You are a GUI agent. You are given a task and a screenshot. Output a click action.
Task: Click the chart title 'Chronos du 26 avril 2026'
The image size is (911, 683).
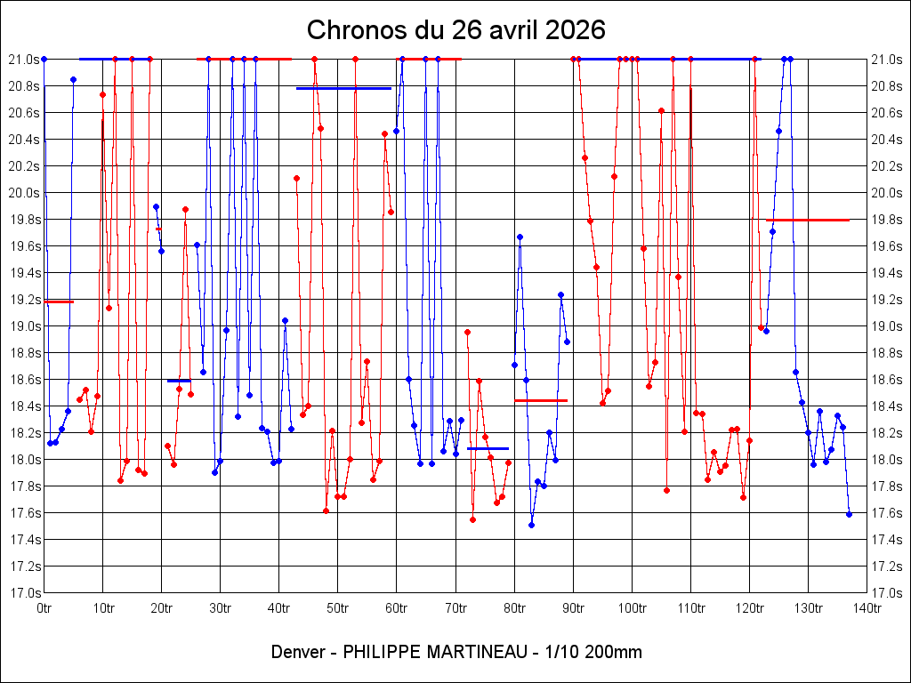pyautogui.click(x=455, y=29)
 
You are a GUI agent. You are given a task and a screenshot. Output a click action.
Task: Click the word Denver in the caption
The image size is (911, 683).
pyautogui.click(x=300, y=652)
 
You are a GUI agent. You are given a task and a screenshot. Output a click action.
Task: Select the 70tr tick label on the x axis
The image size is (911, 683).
pyautogui.click(x=455, y=607)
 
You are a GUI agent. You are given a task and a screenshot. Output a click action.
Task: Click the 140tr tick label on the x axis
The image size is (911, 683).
pyautogui.click(x=867, y=607)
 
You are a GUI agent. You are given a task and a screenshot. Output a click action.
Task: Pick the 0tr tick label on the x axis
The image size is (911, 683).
pyautogui.click(x=44, y=607)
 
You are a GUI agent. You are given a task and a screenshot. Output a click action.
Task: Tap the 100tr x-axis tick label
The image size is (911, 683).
pyautogui.click(x=632, y=607)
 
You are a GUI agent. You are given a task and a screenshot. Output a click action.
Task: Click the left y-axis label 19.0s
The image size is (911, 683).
pyautogui.click(x=22, y=326)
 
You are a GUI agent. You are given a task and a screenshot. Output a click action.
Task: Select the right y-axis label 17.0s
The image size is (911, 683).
pyautogui.click(x=888, y=593)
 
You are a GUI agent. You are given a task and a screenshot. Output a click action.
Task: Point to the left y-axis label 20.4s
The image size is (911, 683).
pyautogui.click(x=22, y=140)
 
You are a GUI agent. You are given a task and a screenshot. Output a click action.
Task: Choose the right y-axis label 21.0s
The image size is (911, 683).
pyautogui.click(x=888, y=60)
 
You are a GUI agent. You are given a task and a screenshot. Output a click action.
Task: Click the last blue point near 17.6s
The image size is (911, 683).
pyautogui.click(x=849, y=514)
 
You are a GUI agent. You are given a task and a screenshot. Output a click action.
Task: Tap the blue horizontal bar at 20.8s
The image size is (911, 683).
pyautogui.click(x=343, y=88)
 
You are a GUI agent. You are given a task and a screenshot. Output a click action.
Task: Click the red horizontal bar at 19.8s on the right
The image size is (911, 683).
pyautogui.click(x=808, y=220)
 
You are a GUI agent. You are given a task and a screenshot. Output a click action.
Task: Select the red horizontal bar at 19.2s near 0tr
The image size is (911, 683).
pyautogui.click(x=59, y=301)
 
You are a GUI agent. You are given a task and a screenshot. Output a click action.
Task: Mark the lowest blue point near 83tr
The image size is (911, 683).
pyautogui.click(x=531, y=525)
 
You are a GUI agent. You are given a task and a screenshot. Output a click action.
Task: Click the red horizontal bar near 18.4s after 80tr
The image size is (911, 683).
pyautogui.click(x=541, y=400)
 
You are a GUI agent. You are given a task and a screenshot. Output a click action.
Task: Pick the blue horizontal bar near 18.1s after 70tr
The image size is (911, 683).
pyautogui.click(x=488, y=448)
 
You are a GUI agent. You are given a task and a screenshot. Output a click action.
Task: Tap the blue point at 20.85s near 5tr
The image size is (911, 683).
pyautogui.click(x=73, y=79)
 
